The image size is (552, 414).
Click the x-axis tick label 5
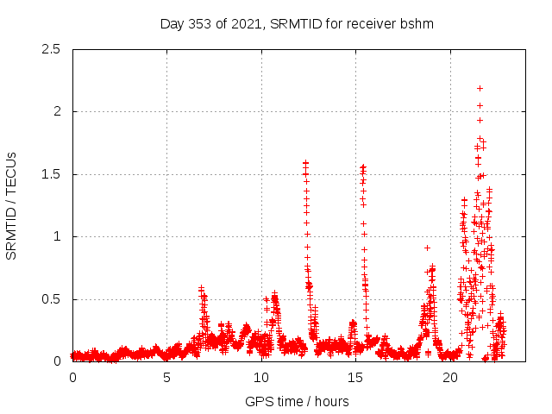coord(166,378)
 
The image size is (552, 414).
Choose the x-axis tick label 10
coord(260,378)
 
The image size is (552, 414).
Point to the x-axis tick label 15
coord(355,378)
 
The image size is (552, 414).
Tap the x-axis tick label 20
coord(449,378)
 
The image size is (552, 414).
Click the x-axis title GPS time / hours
coord(297,401)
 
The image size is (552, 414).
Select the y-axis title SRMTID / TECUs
coord(12,205)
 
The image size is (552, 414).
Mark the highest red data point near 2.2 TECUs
coord(480,88)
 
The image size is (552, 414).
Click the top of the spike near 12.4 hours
coord(305,162)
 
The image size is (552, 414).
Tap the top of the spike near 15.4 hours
coord(363,166)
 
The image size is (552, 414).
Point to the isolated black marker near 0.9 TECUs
coord(427,248)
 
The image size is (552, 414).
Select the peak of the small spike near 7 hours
coord(201,288)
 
